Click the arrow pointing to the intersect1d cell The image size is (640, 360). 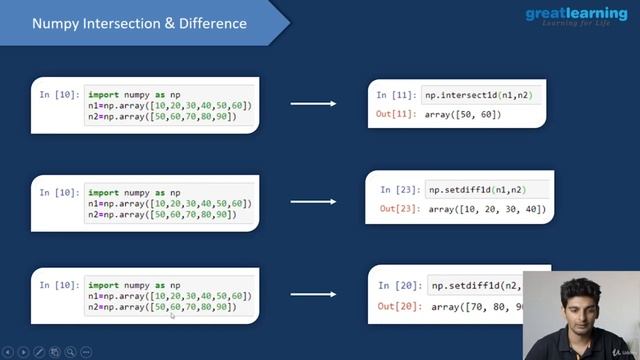(x=313, y=103)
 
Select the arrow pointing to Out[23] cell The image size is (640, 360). (x=313, y=200)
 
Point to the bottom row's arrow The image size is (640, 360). (x=313, y=296)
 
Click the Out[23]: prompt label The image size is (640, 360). (x=400, y=208)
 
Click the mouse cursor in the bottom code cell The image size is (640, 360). (x=172, y=315)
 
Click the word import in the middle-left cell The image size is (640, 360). (x=104, y=191)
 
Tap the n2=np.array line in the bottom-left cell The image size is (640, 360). (x=160, y=307)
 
